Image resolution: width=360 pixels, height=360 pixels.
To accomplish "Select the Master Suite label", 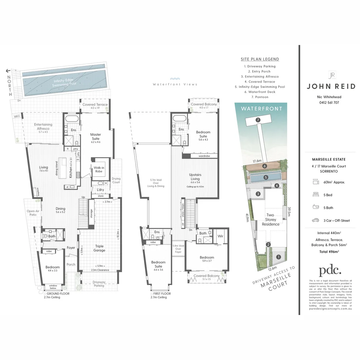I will [x=96, y=137].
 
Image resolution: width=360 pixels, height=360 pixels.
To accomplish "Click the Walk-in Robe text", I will [x=98, y=169].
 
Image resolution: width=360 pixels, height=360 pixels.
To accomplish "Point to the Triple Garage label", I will [x=99, y=248].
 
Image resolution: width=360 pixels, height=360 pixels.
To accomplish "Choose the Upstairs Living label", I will [x=195, y=177].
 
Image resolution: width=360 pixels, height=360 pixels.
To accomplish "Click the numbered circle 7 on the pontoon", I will [x=258, y=120].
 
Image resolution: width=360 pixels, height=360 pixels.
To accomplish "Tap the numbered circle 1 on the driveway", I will [x=279, y=257].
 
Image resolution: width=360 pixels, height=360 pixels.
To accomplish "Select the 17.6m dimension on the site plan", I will [x=257, y=161].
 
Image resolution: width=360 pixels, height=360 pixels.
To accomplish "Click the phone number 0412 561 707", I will [x=329, y=102].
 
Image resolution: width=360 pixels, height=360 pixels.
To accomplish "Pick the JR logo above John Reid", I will [x=331, y=75].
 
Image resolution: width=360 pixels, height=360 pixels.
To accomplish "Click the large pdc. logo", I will [x=330, y=270].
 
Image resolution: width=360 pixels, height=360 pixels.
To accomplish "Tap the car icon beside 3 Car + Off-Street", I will [x=315, y=220].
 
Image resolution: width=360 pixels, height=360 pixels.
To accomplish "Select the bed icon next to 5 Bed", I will [x=315, y=195].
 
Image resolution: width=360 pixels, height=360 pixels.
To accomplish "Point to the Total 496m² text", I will [x=329, y=252].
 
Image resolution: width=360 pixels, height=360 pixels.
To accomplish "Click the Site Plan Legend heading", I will [x=260, y=59].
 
